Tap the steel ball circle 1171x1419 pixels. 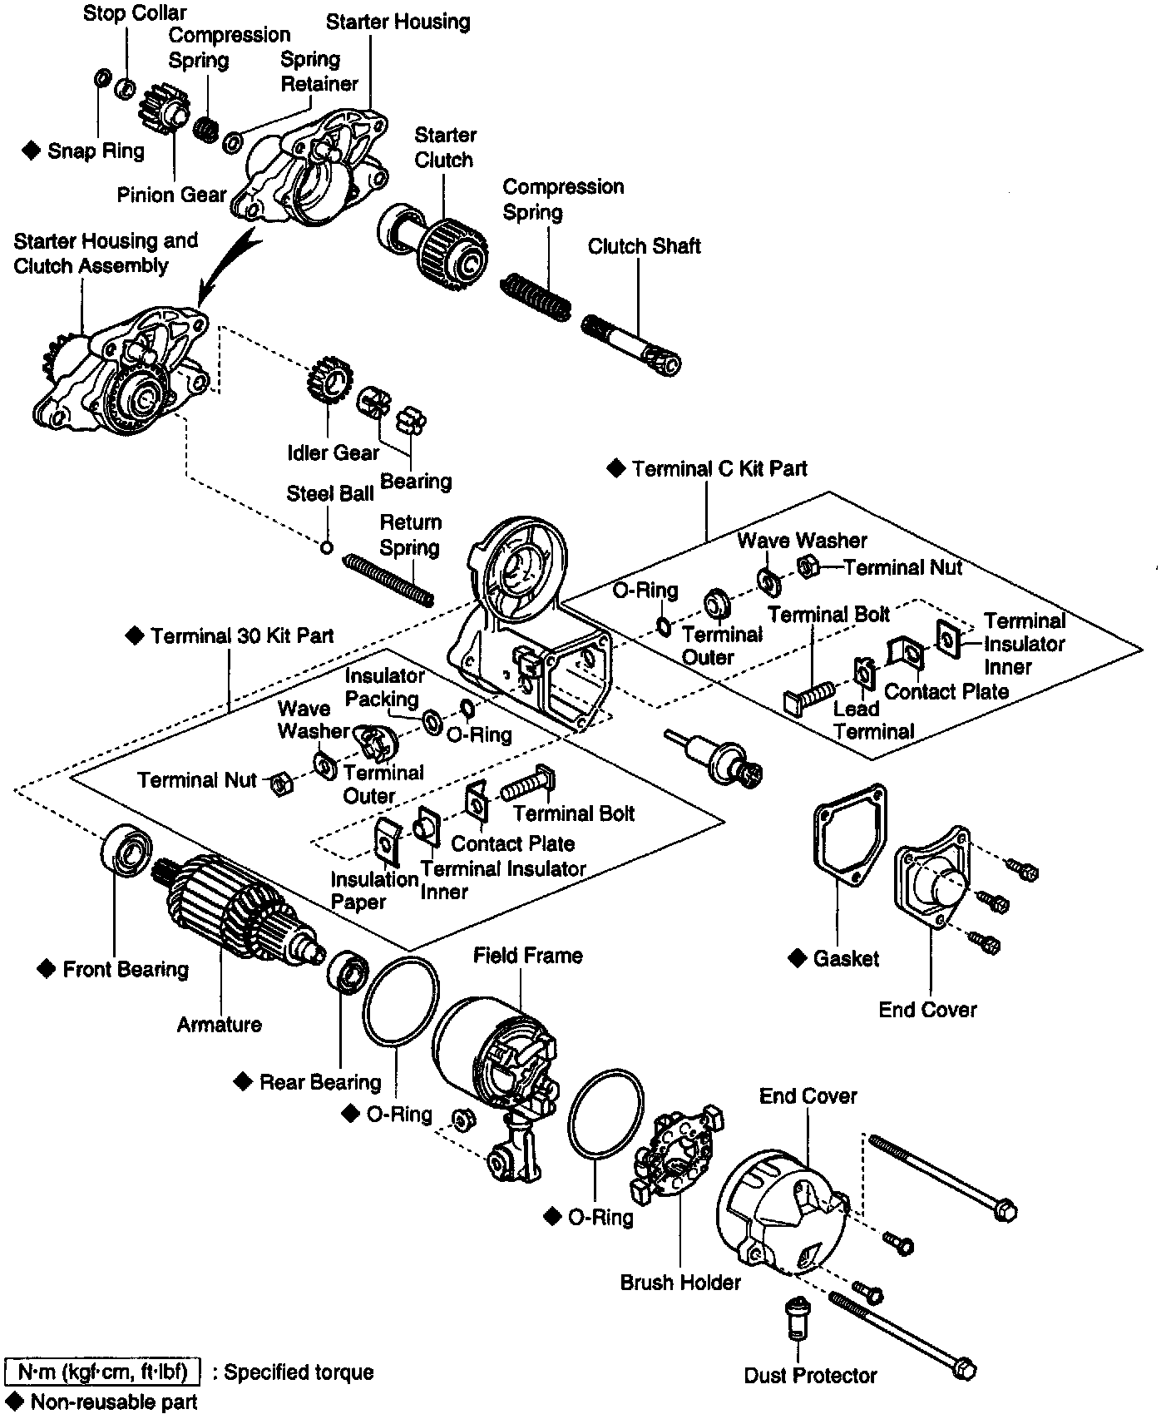coord(328,547)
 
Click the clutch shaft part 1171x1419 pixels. coord(632,344)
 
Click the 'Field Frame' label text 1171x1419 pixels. coord(528,956)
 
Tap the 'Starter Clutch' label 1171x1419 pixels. coord(445,147)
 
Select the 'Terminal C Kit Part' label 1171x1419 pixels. coord(719,469)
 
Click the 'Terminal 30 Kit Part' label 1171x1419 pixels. coord(241,636)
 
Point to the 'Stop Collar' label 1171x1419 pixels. coord(135,13)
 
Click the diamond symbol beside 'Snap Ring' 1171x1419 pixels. coord(32,151)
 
